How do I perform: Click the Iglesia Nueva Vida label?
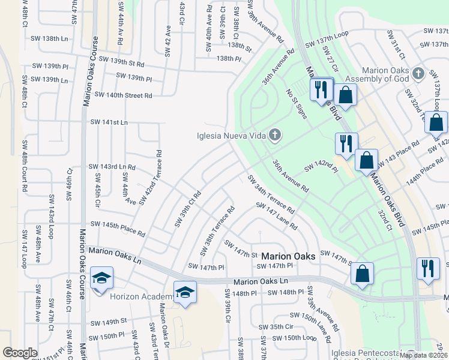[231, 135]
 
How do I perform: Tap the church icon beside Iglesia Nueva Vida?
[275, 134]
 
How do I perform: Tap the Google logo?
[20, 353]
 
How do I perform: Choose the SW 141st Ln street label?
[109, 122]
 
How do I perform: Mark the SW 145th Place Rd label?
[118, 228]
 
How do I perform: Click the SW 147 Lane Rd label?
[277, 216]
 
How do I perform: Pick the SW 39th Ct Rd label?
[187, 209]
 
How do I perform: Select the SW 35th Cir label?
[276, 327]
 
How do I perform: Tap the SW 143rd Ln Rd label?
[112, 166]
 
